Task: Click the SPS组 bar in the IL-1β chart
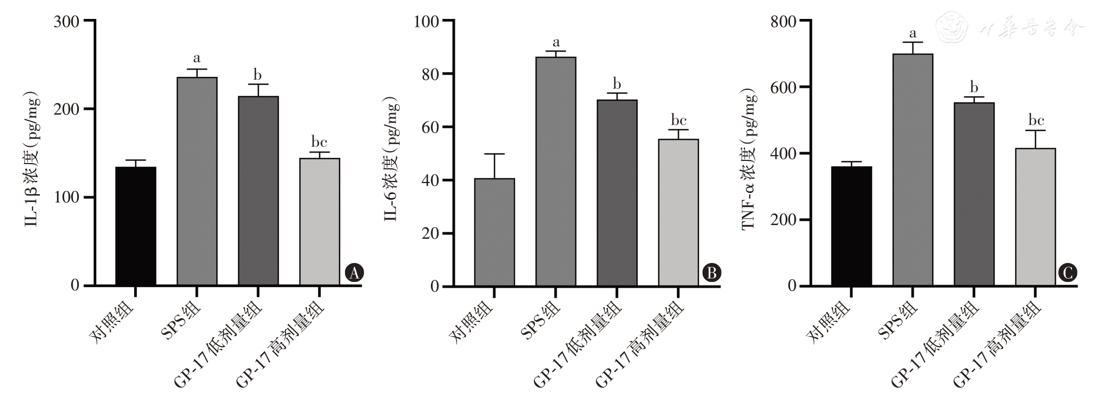(x=197, y=181)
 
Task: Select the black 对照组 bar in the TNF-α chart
(x=851, y=226)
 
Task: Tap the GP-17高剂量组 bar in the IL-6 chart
(x=678, y=212)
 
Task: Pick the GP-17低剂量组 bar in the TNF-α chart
(x=974, y=194)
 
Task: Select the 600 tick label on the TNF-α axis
(x=783, y=87)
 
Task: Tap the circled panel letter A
(x=354, y=272)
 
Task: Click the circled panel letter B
(x=712, y=272)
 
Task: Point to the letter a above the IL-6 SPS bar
(x=556, y=43)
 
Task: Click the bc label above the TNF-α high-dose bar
(x=1036, y=120)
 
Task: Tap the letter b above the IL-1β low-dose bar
(x=258, y=74)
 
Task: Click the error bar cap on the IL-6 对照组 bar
(x=494, y=154)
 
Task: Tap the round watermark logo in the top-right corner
(x=953, y=26)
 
